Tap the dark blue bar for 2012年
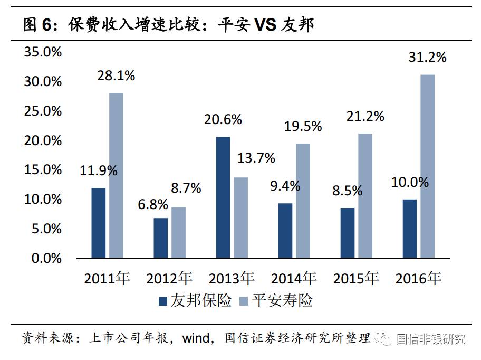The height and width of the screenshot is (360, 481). pos(160,238)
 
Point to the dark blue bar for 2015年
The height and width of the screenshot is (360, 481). pos(348,233)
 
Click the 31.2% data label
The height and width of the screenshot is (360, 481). pos(427,58)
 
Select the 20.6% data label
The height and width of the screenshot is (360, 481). pos(223,120)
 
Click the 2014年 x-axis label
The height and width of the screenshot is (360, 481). pos(294,278)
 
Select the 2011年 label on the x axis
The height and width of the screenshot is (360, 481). pos(107,278)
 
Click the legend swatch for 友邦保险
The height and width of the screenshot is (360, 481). pos(163,301)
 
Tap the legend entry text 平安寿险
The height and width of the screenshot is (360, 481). pos(282,301)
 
